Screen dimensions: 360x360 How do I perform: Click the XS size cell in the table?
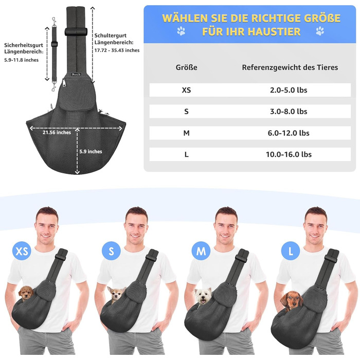[x=186, y=90]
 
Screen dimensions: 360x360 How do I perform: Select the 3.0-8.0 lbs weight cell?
[x=289, y=112]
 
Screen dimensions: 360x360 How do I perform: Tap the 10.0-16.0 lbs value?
[x=289, y=154]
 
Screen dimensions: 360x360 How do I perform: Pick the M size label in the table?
[x=186, y=133]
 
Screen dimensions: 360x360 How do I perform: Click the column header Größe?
[x=186, y=67]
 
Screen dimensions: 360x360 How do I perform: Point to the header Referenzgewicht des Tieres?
[x=290, y=67]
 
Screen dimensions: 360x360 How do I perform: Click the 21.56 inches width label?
[x=57, y=133]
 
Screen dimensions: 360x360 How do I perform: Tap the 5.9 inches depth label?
[x=91, y=152]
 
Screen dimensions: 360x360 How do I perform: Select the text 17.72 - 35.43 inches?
[x=117, y=50]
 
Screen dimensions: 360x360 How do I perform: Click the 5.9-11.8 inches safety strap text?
[x=22, y=60]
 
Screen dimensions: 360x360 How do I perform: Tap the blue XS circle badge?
[x=22, y=251]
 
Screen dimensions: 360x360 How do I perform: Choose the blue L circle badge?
[x=291, y=251]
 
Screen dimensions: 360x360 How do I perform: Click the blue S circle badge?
[x=111, y=251]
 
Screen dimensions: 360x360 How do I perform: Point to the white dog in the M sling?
[x=203, y=296]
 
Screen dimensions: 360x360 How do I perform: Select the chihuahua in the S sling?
[x=116, y=295]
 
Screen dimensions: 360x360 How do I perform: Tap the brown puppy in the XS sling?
[x=26, y=293]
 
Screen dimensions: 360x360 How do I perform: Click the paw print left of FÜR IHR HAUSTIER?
[x=181, y=31]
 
